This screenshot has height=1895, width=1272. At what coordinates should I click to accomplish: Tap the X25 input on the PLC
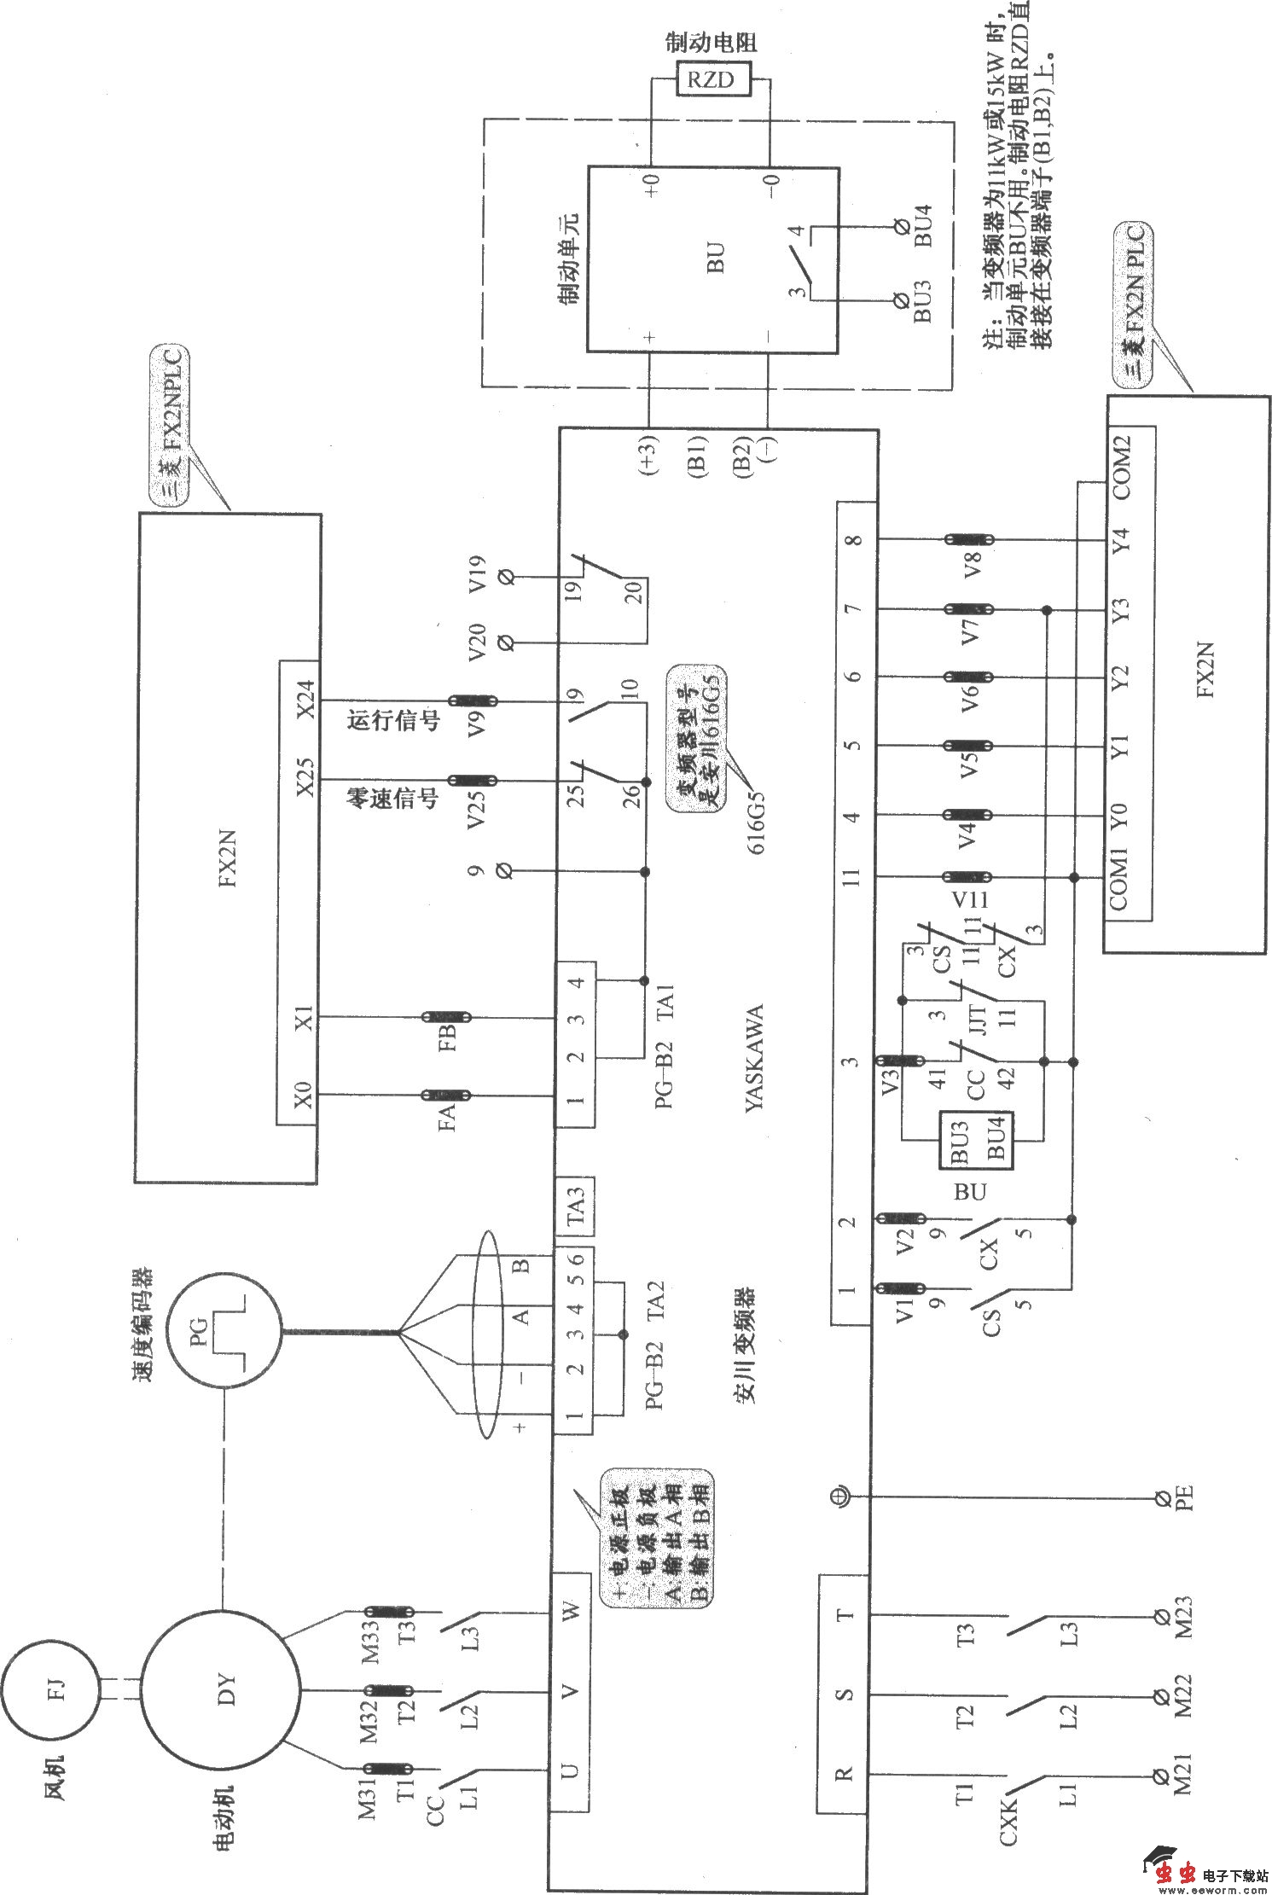point(304,778)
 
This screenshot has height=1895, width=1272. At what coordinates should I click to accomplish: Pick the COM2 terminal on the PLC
point(1121,468)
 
